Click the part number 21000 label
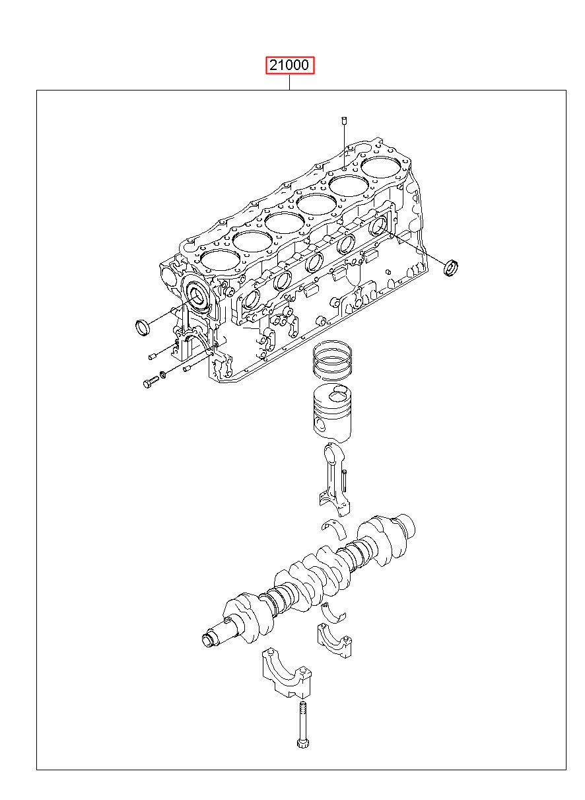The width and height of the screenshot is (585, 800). tap(289, 65)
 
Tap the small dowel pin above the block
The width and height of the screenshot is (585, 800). tap(344, 120)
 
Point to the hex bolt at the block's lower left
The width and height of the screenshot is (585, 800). tap(151, 382)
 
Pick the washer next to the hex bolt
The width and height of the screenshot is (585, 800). tap(163, 375)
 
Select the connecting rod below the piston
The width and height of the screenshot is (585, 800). tap(333, 478)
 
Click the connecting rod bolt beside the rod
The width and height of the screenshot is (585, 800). tap(344, 482)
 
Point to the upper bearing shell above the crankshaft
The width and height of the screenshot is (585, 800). tap(333, 528)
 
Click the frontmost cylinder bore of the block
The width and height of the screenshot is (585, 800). tap(220, 260)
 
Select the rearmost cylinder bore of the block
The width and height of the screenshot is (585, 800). tap(381, 167)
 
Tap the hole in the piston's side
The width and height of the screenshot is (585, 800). tap(320, 425)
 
